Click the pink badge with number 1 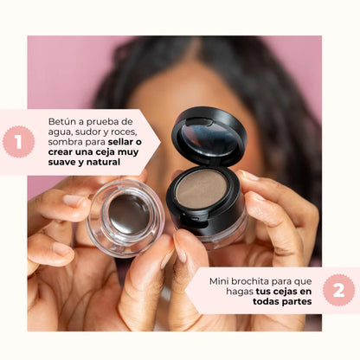pos(19,142)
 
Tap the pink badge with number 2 pos(339,290)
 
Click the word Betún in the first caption pos(59,121)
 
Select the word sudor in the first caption pos(88,132)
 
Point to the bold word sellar pos(120,142)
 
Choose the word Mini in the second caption pos(219,281)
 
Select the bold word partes pos(297,301)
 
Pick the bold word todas pos(266,301)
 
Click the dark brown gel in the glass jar pos(129,215)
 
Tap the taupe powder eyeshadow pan pos(201,189)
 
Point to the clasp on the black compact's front pos(192,219)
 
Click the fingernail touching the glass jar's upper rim pos(72,200)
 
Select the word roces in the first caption pos(125,132)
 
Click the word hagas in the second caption pos(240,292)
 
